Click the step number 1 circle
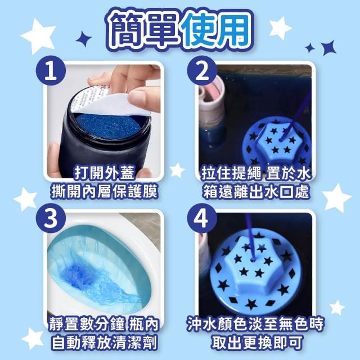click(51, 71)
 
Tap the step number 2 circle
click(202, 71)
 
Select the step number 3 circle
click(51, 218)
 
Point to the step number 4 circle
click(202, 218)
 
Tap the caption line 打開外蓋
click(104, 173)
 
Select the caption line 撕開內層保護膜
click(104, 191)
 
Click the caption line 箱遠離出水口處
click(256, 191)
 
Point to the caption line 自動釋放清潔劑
click(104, 343)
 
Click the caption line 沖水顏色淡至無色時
click(255, 324)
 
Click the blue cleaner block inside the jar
click(108, 127)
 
